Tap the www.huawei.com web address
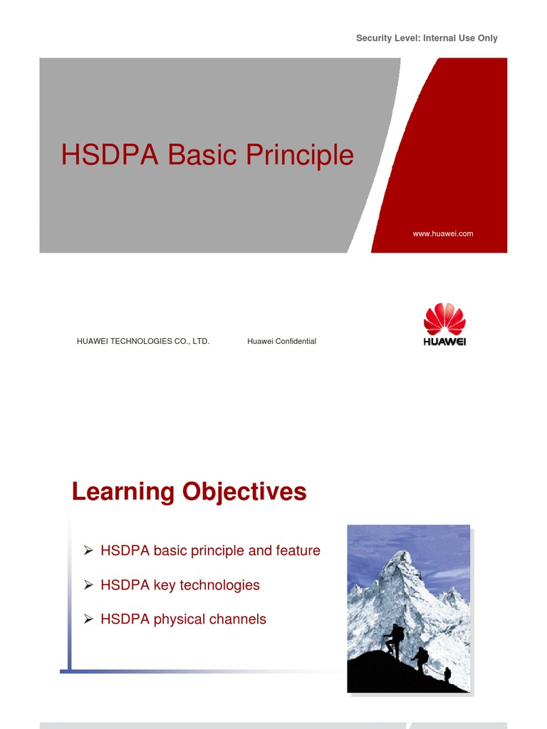(x=443, y=234)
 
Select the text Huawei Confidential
(x=281, y=342)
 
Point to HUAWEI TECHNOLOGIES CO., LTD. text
(x=142, y=342)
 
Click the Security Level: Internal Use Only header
(x=427, y=38)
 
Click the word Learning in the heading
(x=123, y=492)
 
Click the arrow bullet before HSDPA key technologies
(x=88, y=585)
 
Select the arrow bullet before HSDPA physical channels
(x=88, y=619)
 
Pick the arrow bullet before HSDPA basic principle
(x=88, y=550)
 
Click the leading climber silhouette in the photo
(x=395, y=639)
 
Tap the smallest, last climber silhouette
(x=447, y=673)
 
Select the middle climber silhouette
(x=422, y=659)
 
